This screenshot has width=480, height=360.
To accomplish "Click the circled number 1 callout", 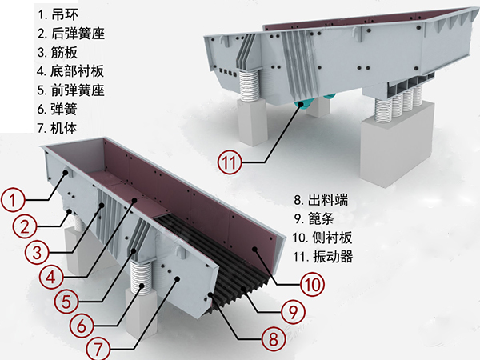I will (x=14, y=196).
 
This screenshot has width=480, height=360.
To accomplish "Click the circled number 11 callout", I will (x=230, y=164).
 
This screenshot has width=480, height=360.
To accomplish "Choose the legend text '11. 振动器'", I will (x=324, y=257).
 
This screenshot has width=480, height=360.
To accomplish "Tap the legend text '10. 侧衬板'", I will (x=324, y=238).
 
